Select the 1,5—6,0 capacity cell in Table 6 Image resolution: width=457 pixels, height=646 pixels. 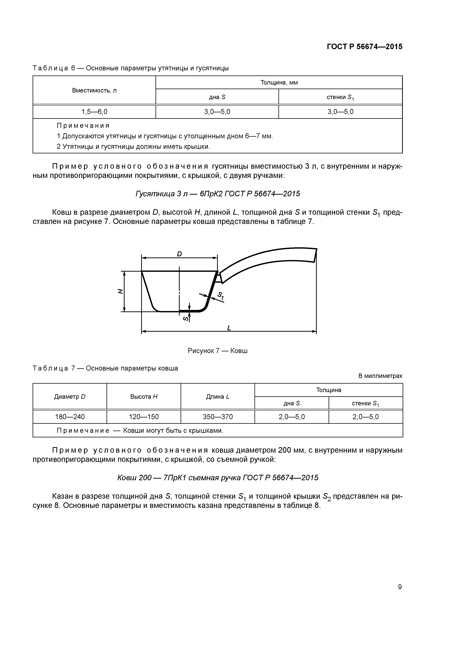94,112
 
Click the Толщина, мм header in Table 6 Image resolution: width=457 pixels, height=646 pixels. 279,82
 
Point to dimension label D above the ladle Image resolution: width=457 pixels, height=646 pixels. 179,254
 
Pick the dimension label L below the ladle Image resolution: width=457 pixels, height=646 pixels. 229,328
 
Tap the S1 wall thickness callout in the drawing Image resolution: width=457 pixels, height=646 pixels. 220,296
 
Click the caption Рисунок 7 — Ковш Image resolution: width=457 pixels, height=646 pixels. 217,351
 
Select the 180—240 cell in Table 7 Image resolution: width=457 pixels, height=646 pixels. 70,417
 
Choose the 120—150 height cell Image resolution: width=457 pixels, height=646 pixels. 144,417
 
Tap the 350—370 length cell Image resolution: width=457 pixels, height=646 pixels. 218,417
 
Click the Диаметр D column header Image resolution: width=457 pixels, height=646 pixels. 70,397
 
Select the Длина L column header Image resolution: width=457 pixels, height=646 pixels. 218,397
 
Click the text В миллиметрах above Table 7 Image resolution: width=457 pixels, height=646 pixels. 380,376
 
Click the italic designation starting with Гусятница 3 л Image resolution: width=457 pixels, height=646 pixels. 218,194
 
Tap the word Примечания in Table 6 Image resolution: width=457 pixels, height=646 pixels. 83,125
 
